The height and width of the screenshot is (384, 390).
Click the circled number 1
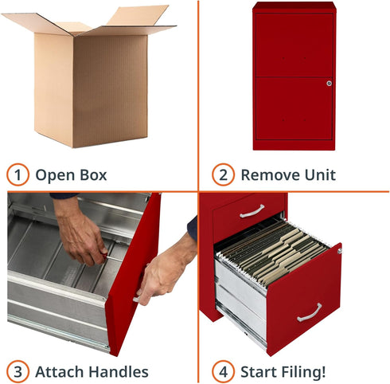[x=17, y=174]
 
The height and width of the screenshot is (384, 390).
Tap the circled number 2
[x=222, y=174]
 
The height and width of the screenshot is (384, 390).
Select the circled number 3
[x=17, y=370]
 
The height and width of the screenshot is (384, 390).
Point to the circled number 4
[x=222, y=370]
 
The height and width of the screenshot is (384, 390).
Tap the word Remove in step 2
[x=270, y=174]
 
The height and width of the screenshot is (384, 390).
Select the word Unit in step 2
[x=320, y=174]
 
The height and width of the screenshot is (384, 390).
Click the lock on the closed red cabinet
[x=328, y=82]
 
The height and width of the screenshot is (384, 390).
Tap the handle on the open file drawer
[x=310, y=312]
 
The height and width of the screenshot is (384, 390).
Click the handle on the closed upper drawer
[x=252, y=211]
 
